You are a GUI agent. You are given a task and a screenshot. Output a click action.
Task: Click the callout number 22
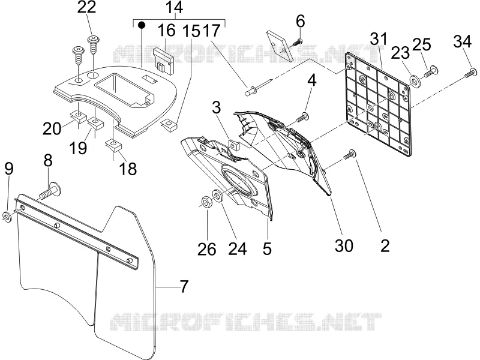point(86,7)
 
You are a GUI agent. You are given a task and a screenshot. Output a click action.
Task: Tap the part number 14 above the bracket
point(174,7)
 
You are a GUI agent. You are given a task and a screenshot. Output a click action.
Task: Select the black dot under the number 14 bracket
point(141,25)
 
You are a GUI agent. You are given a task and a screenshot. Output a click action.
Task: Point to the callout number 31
point(379,40)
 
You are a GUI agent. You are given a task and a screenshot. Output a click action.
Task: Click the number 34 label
point(463,41)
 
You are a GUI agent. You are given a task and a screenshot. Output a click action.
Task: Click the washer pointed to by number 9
point(7,217)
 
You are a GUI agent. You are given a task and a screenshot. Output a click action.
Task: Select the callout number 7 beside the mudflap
point(183,287)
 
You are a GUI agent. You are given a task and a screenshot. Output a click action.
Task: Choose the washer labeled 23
point(415,82)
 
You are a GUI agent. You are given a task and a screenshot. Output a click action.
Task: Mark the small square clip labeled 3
point(234,144)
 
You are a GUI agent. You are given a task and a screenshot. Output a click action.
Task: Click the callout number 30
point(344,245)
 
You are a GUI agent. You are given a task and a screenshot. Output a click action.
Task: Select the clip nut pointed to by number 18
point(113,145)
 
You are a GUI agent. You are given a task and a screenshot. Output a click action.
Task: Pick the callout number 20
point(52,128)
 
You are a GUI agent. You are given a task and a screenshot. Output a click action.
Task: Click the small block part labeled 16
point(164,60)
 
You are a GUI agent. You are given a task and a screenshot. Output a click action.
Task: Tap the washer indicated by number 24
point(218,196)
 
